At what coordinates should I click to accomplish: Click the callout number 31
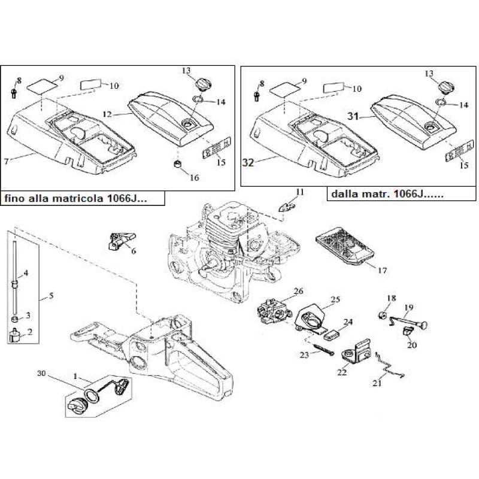pyautogui.click(x=352, y=117)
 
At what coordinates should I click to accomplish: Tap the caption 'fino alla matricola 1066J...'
pyautogui.click(x=82, y=198)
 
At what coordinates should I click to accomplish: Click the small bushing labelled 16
pyautogui.click(x=177, y=163)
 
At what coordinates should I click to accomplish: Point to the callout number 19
pyautogui.click(x=408, y=308)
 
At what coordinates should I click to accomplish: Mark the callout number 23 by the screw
pyautogui.click(x=304, y=355)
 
